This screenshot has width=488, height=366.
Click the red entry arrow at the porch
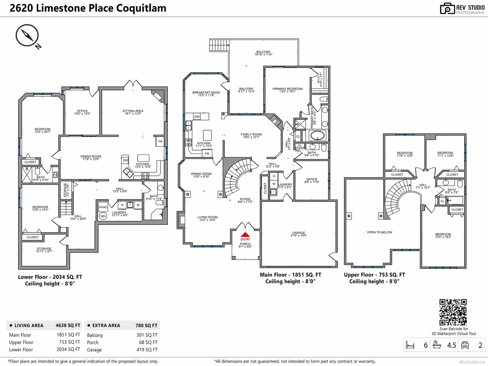pyautogui.click(x=245, y=235)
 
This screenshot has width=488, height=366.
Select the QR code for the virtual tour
pyautogui.click(x=453, y=312)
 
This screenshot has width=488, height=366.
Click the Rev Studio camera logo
pyautogui.click(x=447, y=9)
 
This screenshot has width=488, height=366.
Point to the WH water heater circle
pyautogui.click(x=103, y=216)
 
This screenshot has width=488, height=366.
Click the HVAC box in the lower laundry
pyautogui.click(x=103, y=207)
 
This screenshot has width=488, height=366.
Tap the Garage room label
pyautogui.click(x=299, y=234)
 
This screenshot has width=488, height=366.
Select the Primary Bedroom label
pyautogui.click(x=288, y=90)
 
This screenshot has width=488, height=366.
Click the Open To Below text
pyautogui.click(x=379, y=232)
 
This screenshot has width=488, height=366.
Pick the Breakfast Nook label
pyautogui.click(x=206, y=94)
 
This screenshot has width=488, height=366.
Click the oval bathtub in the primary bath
pyautogui.click(x=318, y=135)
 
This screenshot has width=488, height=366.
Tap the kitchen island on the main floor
pyautogui.click(x=207, y=135)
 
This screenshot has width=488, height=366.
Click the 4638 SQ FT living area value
pyautogui.click(x=68, y=325)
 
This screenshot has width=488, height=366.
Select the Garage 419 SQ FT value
pyautogui.click(x=147, y=350)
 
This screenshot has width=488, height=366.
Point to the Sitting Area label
pyautogui.click(x=133, y=112)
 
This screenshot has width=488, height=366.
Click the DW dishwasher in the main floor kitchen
pyautogui.click(x=197, y=117)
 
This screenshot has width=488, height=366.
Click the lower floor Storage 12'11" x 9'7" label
pyautogui.click(x=44, y=250)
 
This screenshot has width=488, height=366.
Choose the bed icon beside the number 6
pyautogui.click(x=410, y=345)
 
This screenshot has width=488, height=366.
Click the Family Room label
pyautogui.click(x=251, y=136)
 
